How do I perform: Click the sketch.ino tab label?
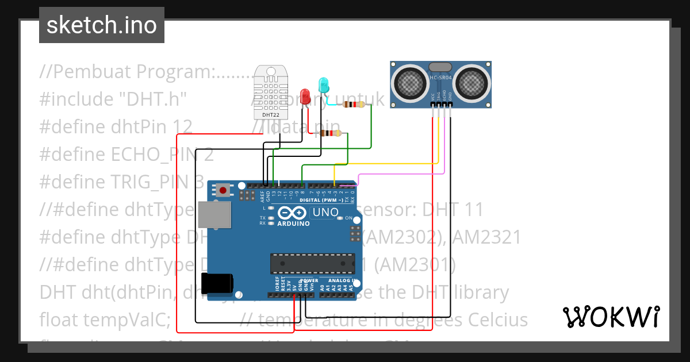coord(101,25)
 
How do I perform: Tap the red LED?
coord(305,95)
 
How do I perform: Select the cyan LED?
coord(323,85)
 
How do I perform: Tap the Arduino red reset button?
coord(223,190)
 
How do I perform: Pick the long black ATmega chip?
coord(313,263)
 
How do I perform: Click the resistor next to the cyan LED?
coord(353,105)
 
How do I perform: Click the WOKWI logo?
coord(611,317)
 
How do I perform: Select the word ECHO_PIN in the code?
coord(151,155)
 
